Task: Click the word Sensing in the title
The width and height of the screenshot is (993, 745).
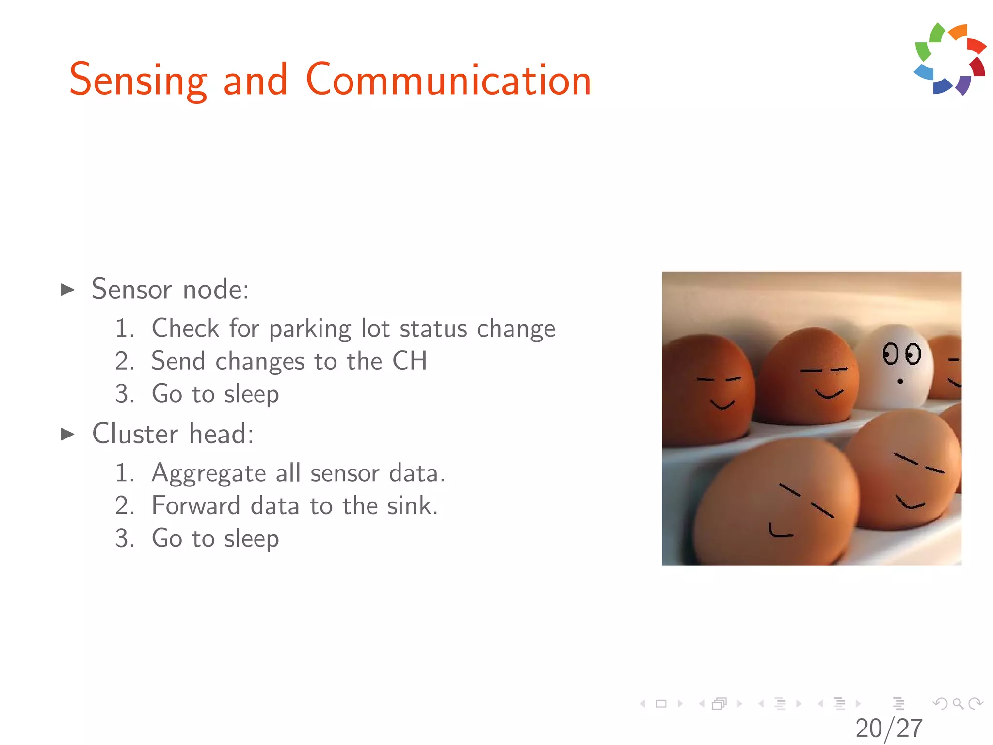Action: pyautogui.click(x=139, y=81)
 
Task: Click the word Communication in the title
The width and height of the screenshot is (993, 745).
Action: pyautogui.click(x=448, y=81)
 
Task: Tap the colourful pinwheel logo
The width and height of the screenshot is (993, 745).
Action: pyautogui.click(x=950, y=59)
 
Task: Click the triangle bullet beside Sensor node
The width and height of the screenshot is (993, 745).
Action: pyautogui.click(x=67, y=290)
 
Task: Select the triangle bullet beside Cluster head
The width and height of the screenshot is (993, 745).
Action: pyautogui.click(x=67, y=434)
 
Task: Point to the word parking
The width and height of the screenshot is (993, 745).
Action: pyautogui.click(x=310, y=330)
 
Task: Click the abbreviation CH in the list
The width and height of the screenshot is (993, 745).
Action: pyautogui.click(x=410, y=361)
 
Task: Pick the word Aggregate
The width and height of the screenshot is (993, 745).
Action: pyautogui.click(x=208, y=474)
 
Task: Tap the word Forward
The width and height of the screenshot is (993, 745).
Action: pyautogui.click(x=196, y=506)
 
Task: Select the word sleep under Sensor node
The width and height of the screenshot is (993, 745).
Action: pyautogui.click(x=251, y=394)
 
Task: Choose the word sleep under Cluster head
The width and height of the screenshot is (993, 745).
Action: pyautogui.click(x=251, y=539)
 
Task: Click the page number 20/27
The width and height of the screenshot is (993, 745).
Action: pyautogui.click(x=889, y=728)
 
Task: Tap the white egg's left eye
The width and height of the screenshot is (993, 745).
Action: pyautogui.click(x=890, y=354)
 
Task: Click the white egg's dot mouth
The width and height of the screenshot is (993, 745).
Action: pyautogui.click(x=900, y=382)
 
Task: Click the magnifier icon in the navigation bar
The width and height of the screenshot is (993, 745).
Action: pyautogui.click(x=958, y=703)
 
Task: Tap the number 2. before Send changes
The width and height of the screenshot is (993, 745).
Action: pyautogui.click(x=125, y=361)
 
